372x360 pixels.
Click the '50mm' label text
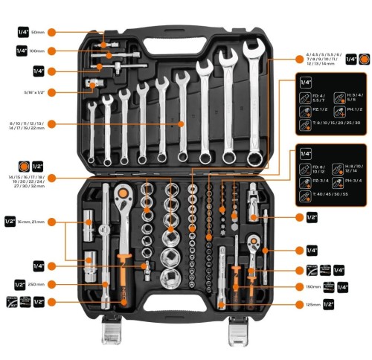pos(38,33)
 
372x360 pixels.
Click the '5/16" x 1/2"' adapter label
pos(33,92)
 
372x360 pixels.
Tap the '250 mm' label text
pos(39,283)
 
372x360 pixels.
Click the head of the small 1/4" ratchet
pos(254,242)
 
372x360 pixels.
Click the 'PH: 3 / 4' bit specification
pos(354,179)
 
